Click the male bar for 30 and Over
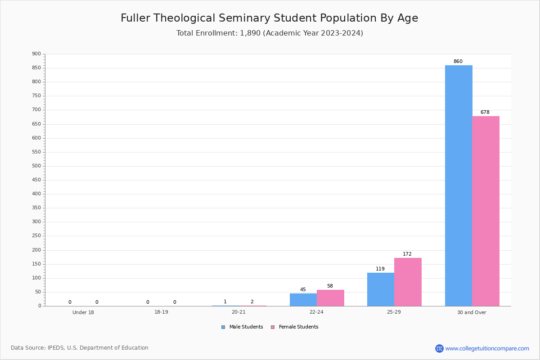[x=459, y=186]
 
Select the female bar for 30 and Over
[x=486, y=211]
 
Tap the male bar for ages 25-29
[x=381, y=289]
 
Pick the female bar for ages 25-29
[x=408, y=282]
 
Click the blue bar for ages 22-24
[x=303, y=300]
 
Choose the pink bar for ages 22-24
[x=330, y=298]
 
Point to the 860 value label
[x=458, y=61]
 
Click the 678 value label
[x=485, y=112]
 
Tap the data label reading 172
[x=407, y=254]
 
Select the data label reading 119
[x=380, y=269]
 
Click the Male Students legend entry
[x=242, y=327]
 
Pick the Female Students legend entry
[x=295, y=327]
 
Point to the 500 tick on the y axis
[x=36, y=166]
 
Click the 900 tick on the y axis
[x=36, y=54]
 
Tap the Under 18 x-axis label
[x=83, y=312]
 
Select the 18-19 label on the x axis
[x=161, y=312]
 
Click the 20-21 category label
[x=238, y=312]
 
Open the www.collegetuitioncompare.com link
[x=487, y=348]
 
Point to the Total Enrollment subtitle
[x=270, y=33]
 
